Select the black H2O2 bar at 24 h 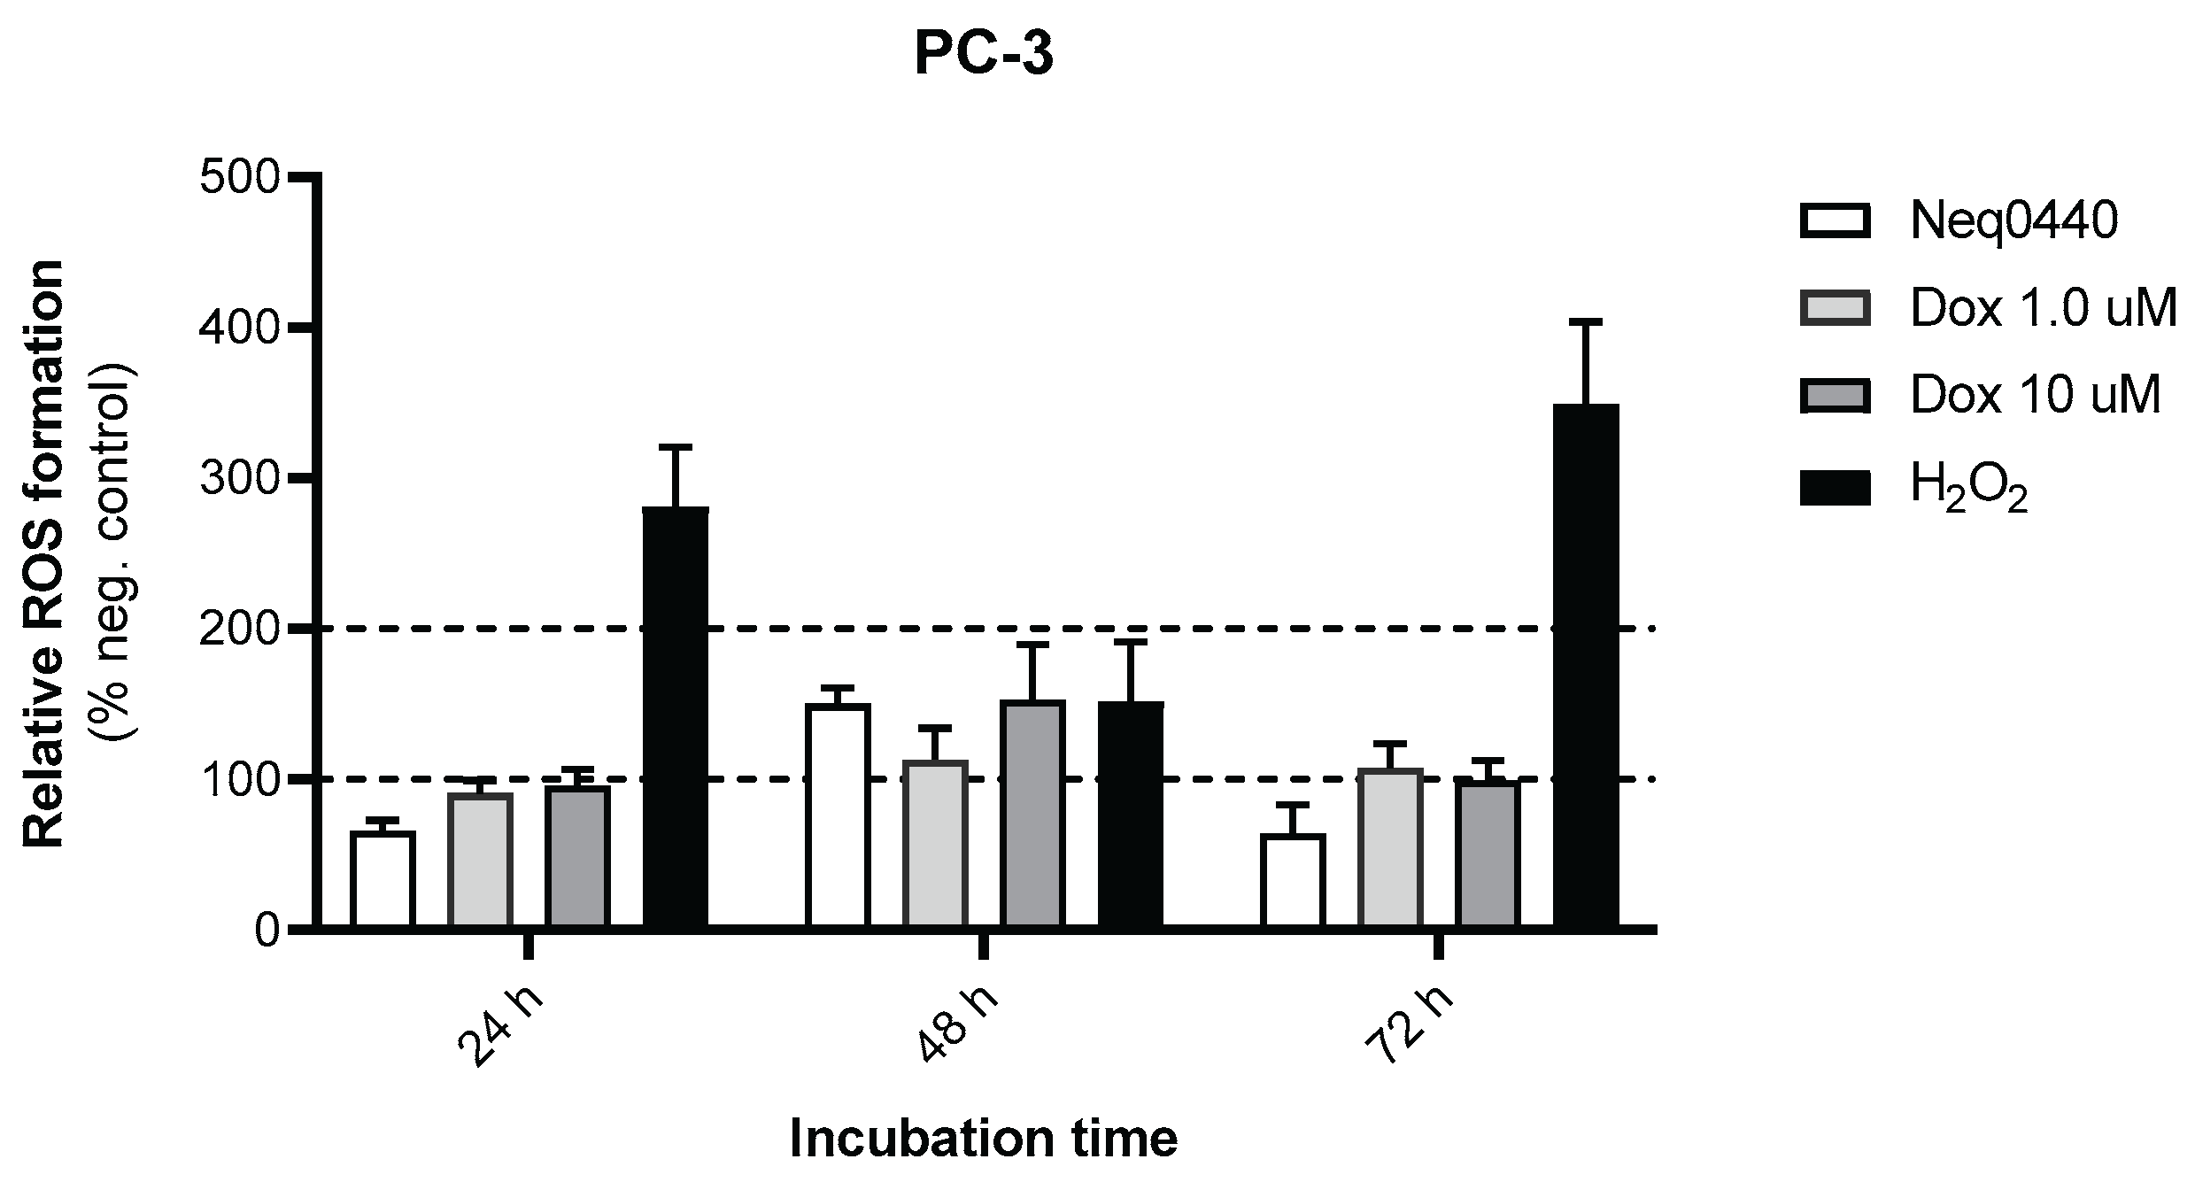(x=675, y=717)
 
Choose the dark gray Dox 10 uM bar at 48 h (x=1032, y=815)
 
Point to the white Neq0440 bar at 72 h (x=1293, y=881)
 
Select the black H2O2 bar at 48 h (x=1131, y=815)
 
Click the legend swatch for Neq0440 (x=1835, y=221)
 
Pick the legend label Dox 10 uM (x=2036, y=395)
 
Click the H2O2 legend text (x=1968, y=488)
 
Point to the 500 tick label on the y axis (x=238, y=178)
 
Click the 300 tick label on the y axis (x=238, y=478)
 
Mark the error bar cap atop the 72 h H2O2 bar (x=1586, y=322)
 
